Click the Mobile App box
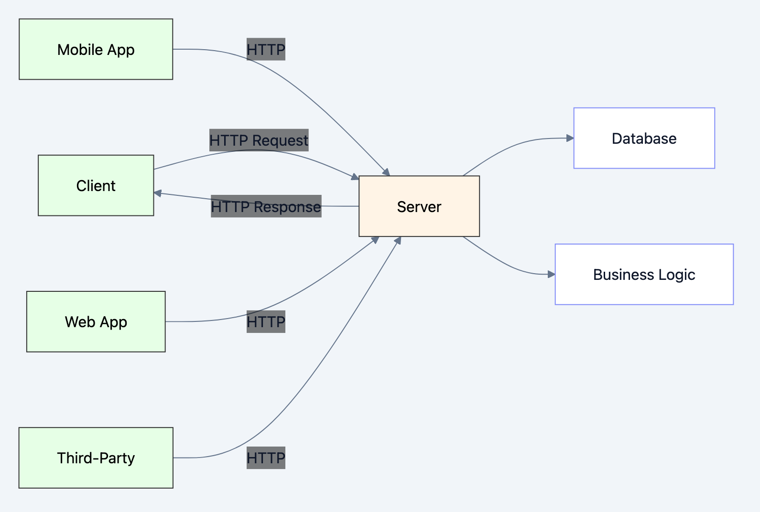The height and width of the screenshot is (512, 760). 96,49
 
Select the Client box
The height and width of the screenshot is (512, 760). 96,185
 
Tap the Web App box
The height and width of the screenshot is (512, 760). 96,321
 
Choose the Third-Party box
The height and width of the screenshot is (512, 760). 96,458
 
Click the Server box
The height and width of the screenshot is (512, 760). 419,206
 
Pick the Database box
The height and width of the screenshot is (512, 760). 644,138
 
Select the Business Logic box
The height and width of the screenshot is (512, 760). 644,274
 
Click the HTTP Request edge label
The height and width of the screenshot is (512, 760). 259,140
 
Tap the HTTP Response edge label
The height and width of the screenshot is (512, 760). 266,206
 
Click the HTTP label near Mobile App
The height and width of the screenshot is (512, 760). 266,49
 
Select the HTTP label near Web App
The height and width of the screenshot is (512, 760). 266,321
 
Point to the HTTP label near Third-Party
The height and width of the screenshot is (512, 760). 266,458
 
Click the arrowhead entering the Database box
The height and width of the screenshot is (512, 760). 570,138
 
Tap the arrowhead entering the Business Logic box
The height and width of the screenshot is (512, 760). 551,274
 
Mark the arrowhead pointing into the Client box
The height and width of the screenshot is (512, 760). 158,193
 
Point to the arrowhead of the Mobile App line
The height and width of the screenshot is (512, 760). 386,172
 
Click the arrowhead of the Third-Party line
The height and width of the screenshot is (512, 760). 398,240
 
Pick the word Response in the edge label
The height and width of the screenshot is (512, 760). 287,207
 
